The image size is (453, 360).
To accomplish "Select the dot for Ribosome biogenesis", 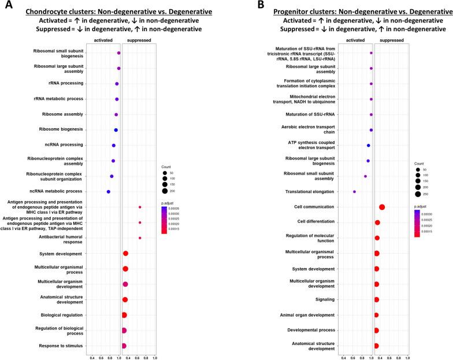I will tap(116, 130).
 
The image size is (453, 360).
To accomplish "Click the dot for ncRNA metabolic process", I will tap(108, 191).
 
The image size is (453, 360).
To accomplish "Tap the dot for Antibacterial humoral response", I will tap(140, 237).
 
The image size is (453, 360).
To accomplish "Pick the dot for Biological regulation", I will tap(124, 315).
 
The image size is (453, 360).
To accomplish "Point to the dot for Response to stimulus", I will tap(124, 346).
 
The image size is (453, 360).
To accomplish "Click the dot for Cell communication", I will tap(382, 207).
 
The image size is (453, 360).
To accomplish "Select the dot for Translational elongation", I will tap(354, 191).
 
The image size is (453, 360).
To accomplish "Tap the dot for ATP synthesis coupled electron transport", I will tap(368, 146).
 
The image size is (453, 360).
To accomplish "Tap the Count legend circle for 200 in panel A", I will tap(165, 191).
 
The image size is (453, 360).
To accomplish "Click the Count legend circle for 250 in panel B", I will tap(417, 194).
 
